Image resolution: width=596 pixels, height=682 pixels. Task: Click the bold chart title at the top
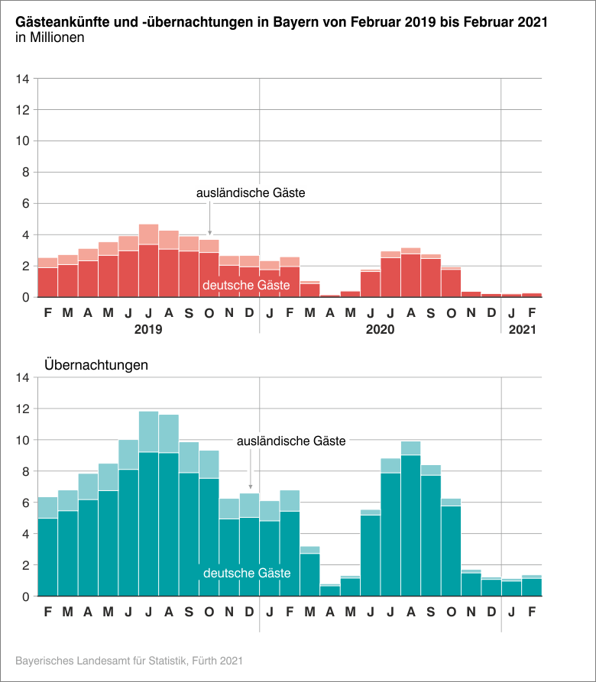(x=281, y=22)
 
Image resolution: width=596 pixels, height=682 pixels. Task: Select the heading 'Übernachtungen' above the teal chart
(x=96, y=364)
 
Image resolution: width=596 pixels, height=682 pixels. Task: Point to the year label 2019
(x=148, y=329)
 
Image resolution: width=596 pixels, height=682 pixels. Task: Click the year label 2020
(x=380, y=329)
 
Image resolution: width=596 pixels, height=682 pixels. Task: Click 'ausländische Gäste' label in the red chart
(x=251, y=193)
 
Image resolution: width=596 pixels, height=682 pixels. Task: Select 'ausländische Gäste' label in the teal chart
(x=291, y=441)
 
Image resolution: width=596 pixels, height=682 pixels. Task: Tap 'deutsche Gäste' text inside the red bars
(x=245, y=285)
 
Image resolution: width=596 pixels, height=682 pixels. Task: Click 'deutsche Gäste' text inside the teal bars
(x=245, y=573)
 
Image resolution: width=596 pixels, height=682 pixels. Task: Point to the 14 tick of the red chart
(x=22, y=79)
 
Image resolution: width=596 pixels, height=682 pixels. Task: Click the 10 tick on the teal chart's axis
(x=22, y=440)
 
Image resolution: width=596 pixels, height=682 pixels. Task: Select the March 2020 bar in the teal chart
(x=309, y=573)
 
